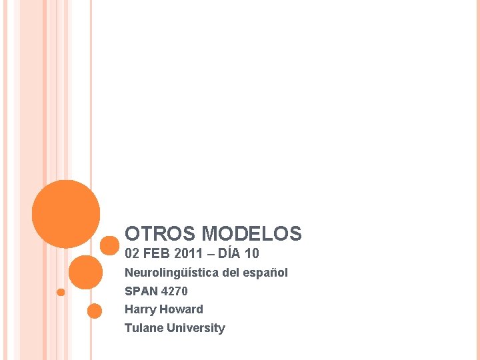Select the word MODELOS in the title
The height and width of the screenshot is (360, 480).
click(251, 234)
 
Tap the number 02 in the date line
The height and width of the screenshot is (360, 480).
click(133, 254)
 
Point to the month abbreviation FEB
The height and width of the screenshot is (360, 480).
click(158, 254)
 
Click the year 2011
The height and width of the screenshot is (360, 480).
click(191, 254)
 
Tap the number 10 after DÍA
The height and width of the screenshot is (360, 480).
click(252, 254)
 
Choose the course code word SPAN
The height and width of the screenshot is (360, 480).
click(141, 291)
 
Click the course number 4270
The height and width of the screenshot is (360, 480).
click(175, 291)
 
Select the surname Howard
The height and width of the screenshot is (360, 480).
click(181, 309)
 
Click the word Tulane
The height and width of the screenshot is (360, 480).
click(143, 328)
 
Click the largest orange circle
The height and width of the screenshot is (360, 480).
click(66, 214)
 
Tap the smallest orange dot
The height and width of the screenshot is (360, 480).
click(61, 292)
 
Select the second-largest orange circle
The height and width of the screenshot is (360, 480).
click(85, 272)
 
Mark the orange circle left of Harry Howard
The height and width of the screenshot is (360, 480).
click(95, 311)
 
